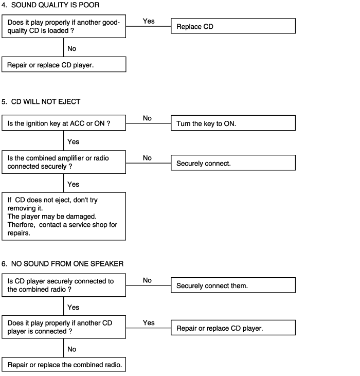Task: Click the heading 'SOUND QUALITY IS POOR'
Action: tap(56, 5)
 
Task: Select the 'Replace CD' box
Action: tap(233, 26)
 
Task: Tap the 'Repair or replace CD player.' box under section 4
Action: tap(64, 64)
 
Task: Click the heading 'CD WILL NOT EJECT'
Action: tap(46, 102)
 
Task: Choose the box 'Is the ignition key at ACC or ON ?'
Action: tap(64, 123)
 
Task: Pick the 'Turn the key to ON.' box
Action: tap(233, 123)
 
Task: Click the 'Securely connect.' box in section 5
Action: tap(233, 163)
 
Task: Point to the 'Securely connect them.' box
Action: tap(233, 285)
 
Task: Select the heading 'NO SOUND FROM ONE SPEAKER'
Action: tap(67, 264)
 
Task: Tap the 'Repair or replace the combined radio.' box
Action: tap(64, 365)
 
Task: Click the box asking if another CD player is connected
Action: tap(64, 327)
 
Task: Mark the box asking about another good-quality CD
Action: tap(64, 26)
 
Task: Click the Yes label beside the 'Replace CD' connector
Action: tap(149, 21)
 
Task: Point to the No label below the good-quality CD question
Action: tap(71, 48)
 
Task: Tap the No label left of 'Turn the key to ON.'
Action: tap(147, 118)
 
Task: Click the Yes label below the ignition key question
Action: tap(73, 142)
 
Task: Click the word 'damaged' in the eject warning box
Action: tap(81, 217)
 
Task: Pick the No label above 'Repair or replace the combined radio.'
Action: tap(71, 349)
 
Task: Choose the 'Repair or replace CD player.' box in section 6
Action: tap(233, 328)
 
